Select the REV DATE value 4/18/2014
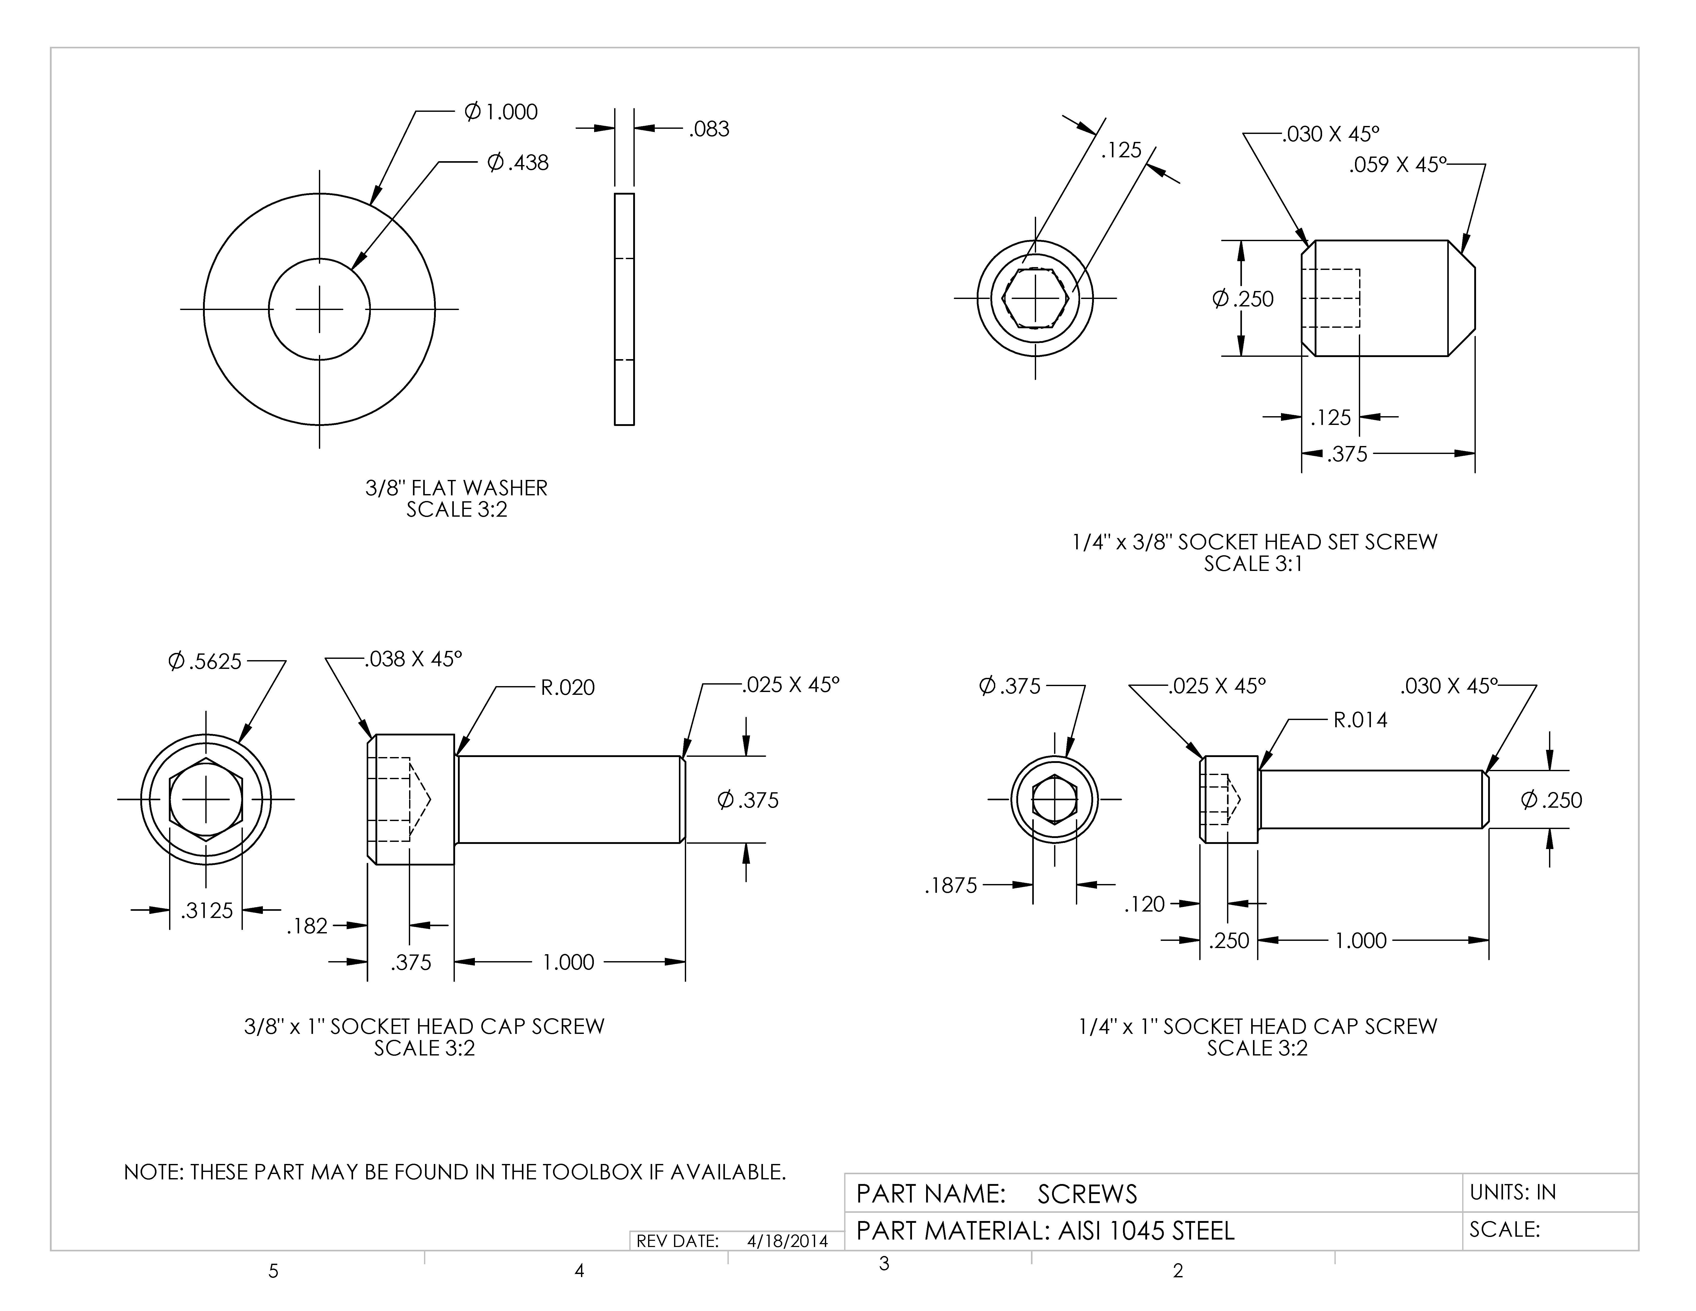(787, 1241)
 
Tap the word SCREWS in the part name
(1087, 1194)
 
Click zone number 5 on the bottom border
(273, 1271)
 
